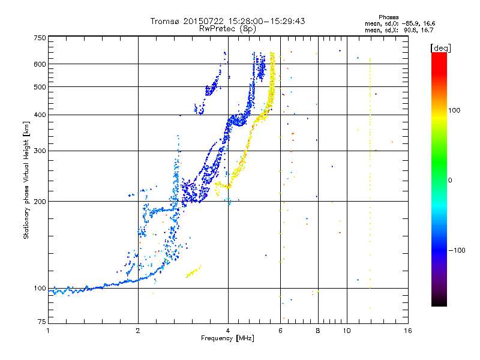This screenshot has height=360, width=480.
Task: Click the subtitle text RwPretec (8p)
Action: pos(227,29)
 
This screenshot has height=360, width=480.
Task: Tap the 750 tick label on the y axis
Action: pos(40,38)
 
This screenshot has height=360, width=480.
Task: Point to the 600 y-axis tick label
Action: pos(40,64)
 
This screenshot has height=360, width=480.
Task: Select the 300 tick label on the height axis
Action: pos(40,151)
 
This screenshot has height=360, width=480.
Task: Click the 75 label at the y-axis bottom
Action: pos(41,322)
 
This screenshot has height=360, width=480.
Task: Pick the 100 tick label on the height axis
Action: pos(40,289)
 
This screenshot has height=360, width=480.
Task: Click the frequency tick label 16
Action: pos(408,331)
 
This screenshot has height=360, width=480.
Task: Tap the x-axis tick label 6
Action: pos(280,331)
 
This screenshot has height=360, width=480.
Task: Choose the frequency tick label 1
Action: pos(48,331)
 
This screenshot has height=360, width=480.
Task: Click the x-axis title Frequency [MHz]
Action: pos(227,338)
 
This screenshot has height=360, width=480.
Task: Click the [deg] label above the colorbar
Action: pos(441,49)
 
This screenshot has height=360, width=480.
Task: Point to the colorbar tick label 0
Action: pos(449,181)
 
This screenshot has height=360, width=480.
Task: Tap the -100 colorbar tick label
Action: pos(457,250)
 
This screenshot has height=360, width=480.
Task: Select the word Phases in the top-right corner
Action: pos(388,17)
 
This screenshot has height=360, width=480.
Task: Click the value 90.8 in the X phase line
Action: pos(410,30)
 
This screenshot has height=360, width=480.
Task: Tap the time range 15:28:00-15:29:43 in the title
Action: pos(266,21)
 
